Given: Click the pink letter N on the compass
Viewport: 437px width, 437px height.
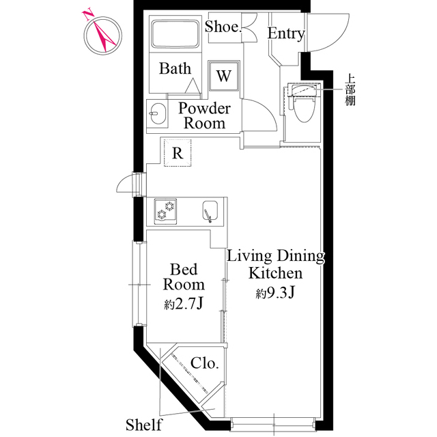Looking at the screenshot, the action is [x=87, y=15].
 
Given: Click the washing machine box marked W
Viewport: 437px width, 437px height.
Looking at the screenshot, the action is [x=224, y=76].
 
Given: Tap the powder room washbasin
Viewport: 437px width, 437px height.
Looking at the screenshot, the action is [x=157, y=114].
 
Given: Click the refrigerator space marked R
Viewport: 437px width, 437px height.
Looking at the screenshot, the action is [x=178, y=153].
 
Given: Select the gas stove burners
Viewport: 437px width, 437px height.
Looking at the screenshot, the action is [x=165, y=211].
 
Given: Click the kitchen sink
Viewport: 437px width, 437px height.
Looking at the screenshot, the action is [x=210, y=211].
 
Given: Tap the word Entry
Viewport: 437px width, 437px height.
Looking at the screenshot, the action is [x=286, y=33].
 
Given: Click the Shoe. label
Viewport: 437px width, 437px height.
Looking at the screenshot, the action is [x=223, y=27].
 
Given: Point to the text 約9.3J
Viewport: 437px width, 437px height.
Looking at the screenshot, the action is [x=275, y=293].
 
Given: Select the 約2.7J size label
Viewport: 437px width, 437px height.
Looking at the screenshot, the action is [x=183, y=304].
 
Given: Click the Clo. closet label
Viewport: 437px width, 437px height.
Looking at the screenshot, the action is [x=204, y=363].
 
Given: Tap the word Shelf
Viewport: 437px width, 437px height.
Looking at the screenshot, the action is [x=143, y=425].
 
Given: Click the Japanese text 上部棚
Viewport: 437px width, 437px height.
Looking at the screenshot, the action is [x=350, y=89].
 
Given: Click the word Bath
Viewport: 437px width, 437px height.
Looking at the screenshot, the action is [x=175, y=68].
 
